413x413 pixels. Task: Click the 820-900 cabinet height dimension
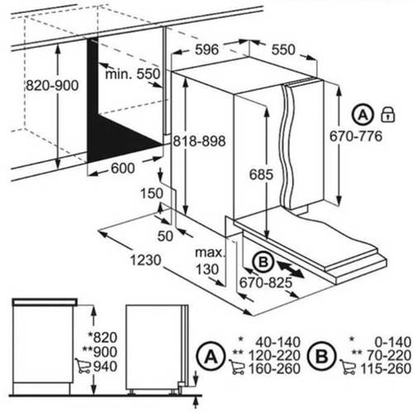[52, 86]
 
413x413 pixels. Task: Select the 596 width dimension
[206, 50]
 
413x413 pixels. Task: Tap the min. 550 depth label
[132, 74]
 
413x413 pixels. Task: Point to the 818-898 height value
[199, 141]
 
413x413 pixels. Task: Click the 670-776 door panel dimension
[356, 136]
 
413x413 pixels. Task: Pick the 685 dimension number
[261, 174]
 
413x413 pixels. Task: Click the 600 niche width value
[123, 168]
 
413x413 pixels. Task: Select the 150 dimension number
[152, 193]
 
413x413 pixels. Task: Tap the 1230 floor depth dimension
[145, 260]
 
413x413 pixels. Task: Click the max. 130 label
[210, 261]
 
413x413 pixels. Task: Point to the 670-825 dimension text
[265, 282]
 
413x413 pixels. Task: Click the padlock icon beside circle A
[387, 114]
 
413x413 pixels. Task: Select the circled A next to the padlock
[363, 114]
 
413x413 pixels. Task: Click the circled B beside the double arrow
[263, 262]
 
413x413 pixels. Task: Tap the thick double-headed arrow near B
[291, 270]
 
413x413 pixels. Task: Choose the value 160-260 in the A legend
[274, 368]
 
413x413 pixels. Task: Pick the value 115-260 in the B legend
[386, 368]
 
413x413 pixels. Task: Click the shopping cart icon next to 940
[83, 366]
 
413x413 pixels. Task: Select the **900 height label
[100, 352]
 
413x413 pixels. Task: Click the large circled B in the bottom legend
[322, 356]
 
